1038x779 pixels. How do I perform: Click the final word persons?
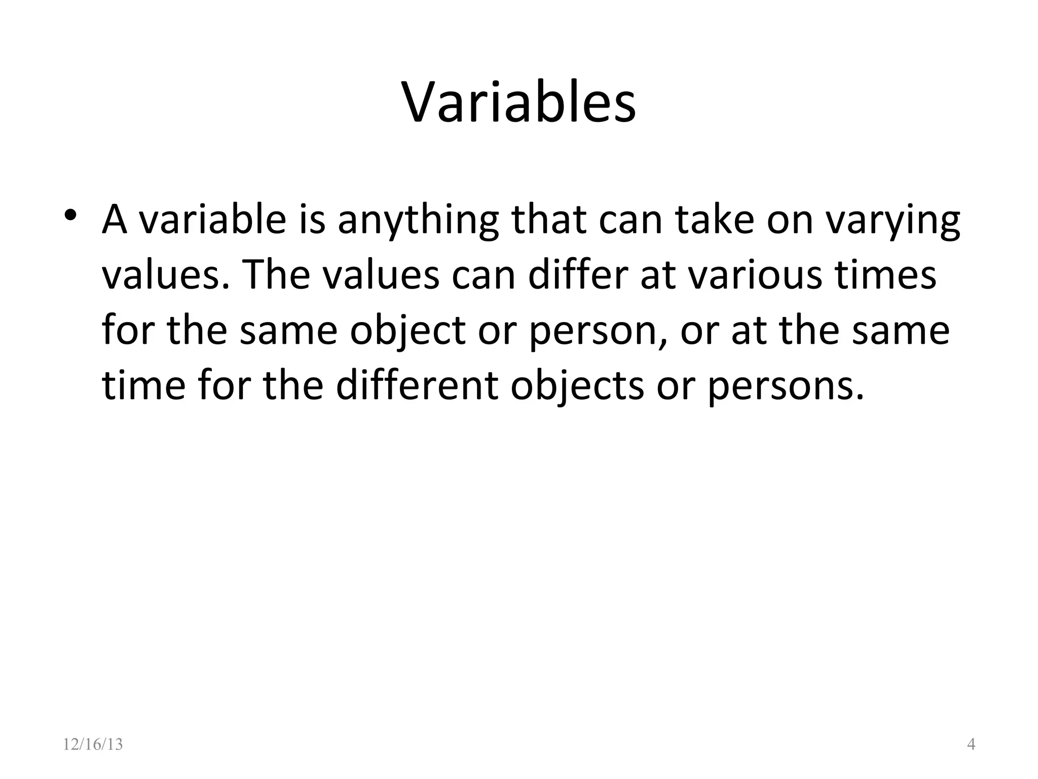click(x=785, y=386)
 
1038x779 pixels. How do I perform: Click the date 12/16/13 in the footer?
click(x=93, y=745)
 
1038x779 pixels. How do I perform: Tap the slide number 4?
click(x=971, y=745)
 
